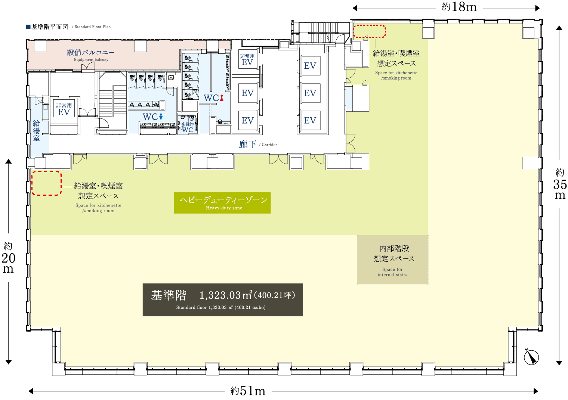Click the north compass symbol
[531, 357]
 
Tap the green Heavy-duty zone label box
[222, 203]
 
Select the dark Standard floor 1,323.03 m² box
[223, 300]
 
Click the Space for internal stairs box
[392, 260]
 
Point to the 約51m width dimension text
[248, 391]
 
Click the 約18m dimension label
[459, 7]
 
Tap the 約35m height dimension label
[560, 184]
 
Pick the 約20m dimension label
[8, 258]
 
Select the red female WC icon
[222, 98]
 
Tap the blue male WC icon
[161, 117]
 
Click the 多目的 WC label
[187, 127]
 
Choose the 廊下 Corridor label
[257, 144]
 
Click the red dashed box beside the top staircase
[370, 31]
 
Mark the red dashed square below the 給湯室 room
[46, 183]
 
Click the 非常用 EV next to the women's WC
[247, 60]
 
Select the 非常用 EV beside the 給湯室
[64, 109]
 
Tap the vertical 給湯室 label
[37, 131]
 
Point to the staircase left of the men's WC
[112, 101]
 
